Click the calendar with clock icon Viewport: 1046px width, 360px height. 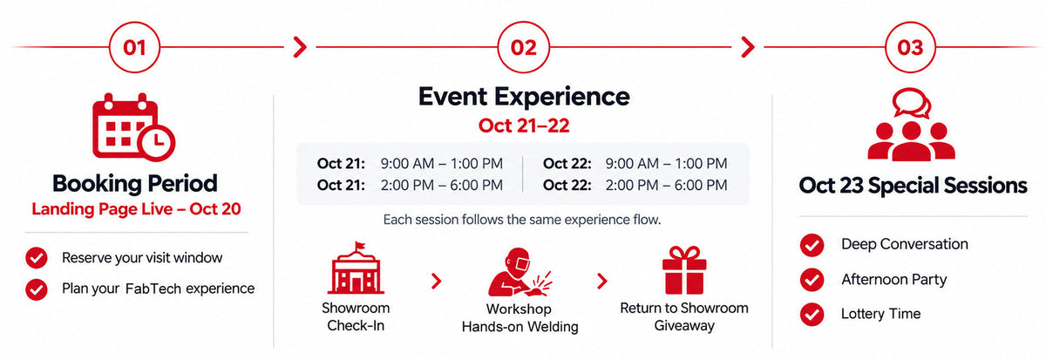pos(133,127)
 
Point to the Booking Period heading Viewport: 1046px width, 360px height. pos(134,184)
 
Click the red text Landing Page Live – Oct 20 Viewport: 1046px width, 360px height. pos(136,208)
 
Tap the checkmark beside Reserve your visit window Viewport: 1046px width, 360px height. pos(37,258)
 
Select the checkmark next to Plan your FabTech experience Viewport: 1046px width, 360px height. pos(37,289)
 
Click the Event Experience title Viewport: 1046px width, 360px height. pos(524,97)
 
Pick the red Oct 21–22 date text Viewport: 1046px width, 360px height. pos(524,126)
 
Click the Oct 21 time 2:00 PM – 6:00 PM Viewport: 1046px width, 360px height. pos(441,186)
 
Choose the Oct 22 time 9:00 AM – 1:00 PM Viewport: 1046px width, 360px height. pos(666,163)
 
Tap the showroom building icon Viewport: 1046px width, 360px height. pos(356,268)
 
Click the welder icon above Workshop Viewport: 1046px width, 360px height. pos(520,272)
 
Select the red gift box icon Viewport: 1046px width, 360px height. pos(684,269)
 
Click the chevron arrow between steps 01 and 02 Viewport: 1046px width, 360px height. pos(300,47)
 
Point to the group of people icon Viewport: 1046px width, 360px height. pos(911,124)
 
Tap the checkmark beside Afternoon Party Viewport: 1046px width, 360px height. pos(812,280)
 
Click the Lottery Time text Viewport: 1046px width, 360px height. pos(880,314)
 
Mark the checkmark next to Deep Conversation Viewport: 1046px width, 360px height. pos(812,245)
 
